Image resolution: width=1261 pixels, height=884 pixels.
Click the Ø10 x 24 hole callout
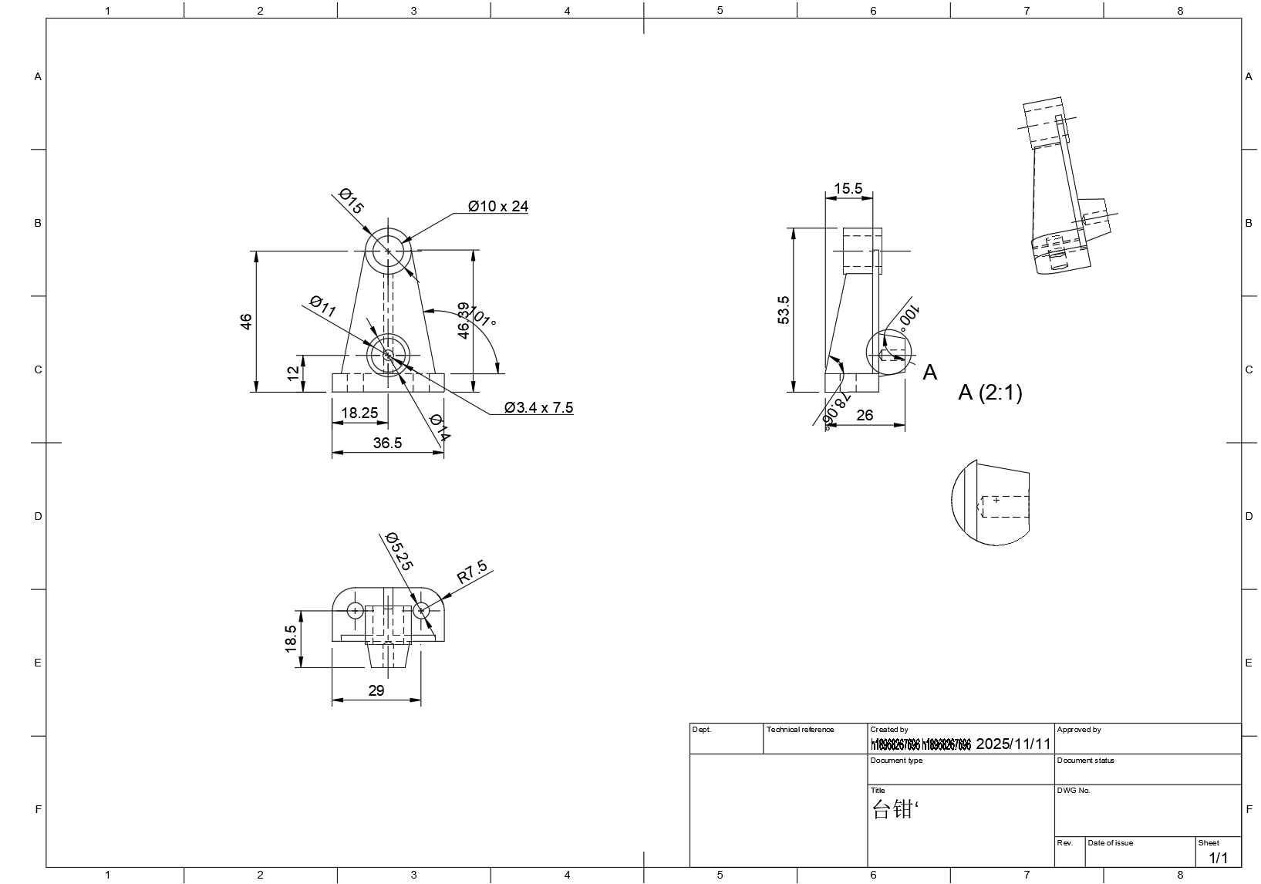click(x=498, y=206)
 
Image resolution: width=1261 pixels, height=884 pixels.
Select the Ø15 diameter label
click(x=351, y=201)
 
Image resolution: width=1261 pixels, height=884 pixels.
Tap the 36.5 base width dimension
click(x=387, y=443)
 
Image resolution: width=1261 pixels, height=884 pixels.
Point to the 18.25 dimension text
click(x=359, y=413)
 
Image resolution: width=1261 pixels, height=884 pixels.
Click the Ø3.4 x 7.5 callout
click(x=538, y=407)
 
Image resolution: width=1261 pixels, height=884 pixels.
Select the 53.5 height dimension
click(x=784, y=310)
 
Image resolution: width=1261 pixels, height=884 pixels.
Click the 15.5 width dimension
click(x=848, y=188)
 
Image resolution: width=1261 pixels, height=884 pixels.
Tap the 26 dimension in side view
click(x=865, y=415)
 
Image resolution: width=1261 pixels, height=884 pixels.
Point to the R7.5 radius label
click(x=472, y=572)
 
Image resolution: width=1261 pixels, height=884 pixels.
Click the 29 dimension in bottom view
click(x=376, y=690)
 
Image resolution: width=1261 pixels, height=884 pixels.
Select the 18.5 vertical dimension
click(x=291, y=639)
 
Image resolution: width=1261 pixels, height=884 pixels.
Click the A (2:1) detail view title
click(x=990, y=393)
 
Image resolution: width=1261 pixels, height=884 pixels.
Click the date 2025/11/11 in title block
click(x=1013, y=744)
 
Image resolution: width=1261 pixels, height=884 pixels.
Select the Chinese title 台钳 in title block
click(x=892, y=809)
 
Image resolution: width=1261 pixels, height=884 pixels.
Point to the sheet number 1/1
click(x=1218, y=858)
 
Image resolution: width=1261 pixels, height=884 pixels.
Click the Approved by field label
click(x=1078, y=730)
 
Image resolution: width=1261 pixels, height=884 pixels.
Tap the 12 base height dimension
click(x=292, y=373)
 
